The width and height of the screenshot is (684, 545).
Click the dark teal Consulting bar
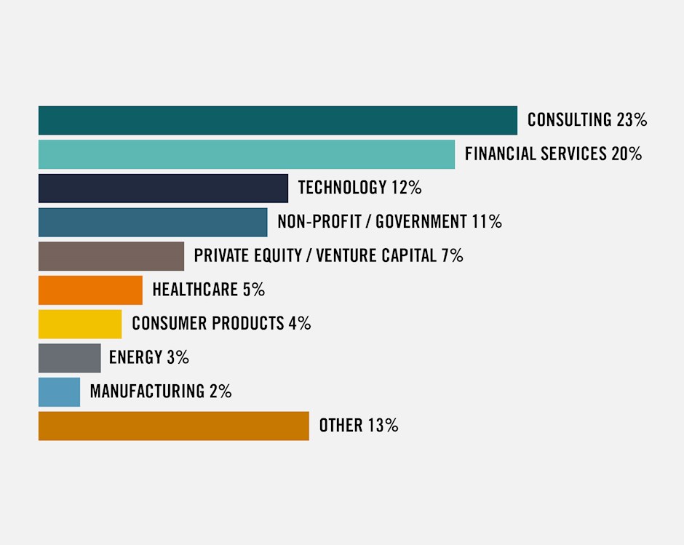[x=277, y=120]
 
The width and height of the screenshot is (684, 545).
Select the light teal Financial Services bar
[x=246, y=154]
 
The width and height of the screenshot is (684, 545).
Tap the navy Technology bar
[x=163, y=188]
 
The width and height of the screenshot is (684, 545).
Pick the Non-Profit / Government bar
[x=153, y=222]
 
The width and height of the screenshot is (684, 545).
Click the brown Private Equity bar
[x=111, y=256]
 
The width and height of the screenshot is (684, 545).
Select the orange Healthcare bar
[x=90, y=290]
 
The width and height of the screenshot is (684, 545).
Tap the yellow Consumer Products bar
[x=80, y=324]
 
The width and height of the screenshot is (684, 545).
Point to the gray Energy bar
[x=69, y=357]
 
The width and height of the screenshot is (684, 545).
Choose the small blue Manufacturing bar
[x=59, y=391]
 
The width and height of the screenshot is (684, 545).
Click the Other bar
[x=173, y=426]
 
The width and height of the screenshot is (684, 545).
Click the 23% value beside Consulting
[x=632, y=120]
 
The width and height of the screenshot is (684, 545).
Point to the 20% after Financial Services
[x=627, y=154]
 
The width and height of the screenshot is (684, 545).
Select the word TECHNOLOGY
[x=342, y=188]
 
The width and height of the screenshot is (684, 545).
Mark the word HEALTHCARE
[x=195, y=290]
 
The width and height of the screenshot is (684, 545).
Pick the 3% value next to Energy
[x=178, y=357]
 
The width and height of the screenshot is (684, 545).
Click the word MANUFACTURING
[x=147, y=391]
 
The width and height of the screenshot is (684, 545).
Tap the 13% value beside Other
[x=383, y=426]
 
